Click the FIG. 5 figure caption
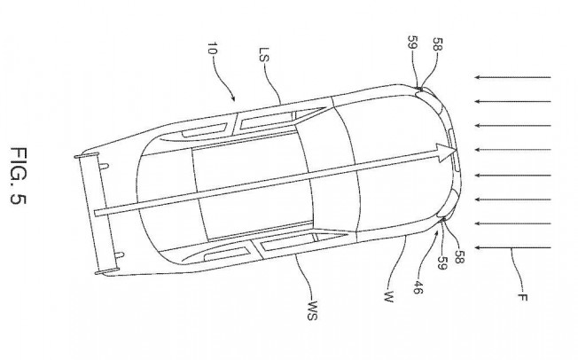[19, 176]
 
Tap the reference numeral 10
[213, 49]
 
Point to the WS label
[312, 311]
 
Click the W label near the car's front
[388, 296]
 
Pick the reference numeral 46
[418, 287]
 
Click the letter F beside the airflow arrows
[522, 297]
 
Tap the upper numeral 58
[438, 44]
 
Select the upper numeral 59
[413, 42]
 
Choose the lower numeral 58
[459, 257]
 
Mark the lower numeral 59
[442, 262]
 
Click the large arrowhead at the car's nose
[447, 152]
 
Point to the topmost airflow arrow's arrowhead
[477, 77]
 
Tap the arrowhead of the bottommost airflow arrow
[477, 248]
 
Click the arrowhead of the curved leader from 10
[233, 98]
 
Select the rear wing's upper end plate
[87, 155]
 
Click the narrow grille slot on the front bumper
[454, 149]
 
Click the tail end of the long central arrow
[96, 213]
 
